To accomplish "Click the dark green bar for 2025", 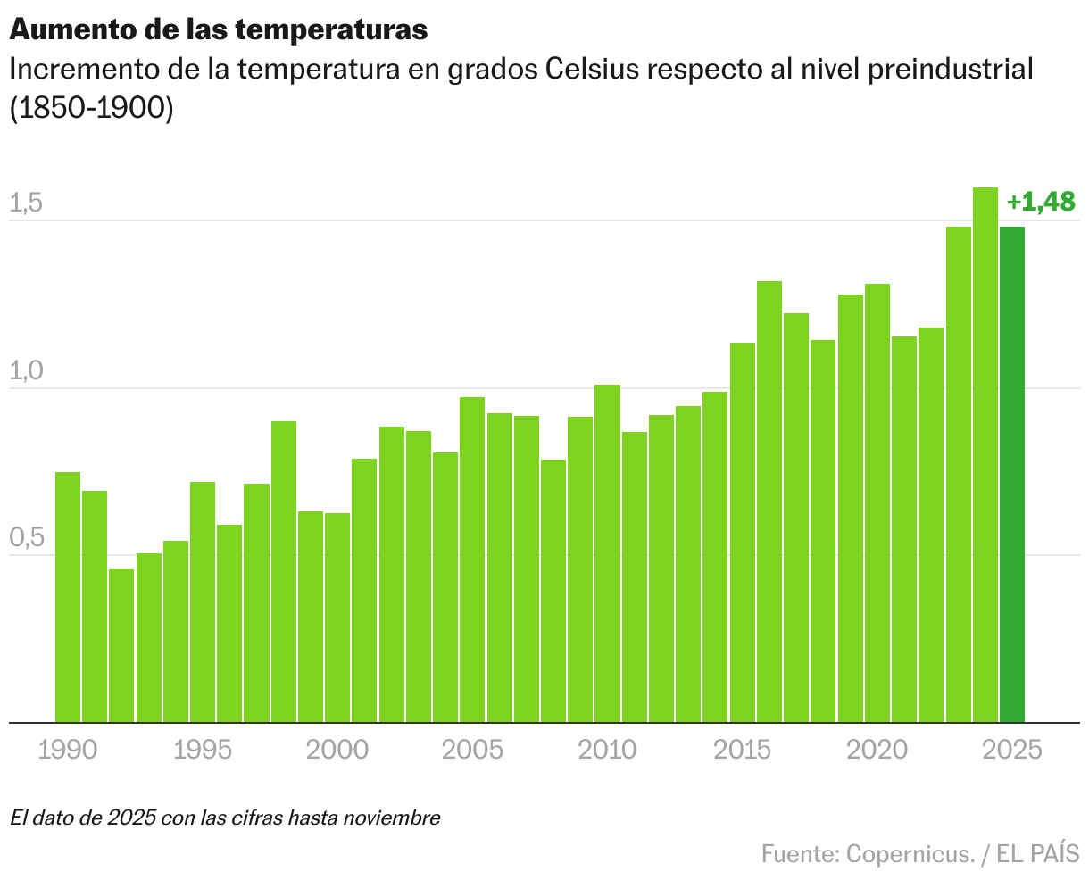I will coord(1012,474).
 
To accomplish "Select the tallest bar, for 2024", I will coord(985,454).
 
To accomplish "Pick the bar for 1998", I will coord(284,571).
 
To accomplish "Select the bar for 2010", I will coord(608,553).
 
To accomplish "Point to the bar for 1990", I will coord(68,597).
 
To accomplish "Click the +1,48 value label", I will coord(1041,203).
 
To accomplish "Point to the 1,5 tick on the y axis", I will coord(26,203).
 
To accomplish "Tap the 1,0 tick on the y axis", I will coord(26,371).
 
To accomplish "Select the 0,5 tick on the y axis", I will coord(26,538).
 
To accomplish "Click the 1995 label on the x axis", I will coord(203,750).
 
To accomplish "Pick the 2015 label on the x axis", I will coord(742,750).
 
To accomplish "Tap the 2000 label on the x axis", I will coord(337,750).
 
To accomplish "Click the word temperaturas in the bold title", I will coord(332,29).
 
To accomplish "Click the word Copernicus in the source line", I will coord(910,854).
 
